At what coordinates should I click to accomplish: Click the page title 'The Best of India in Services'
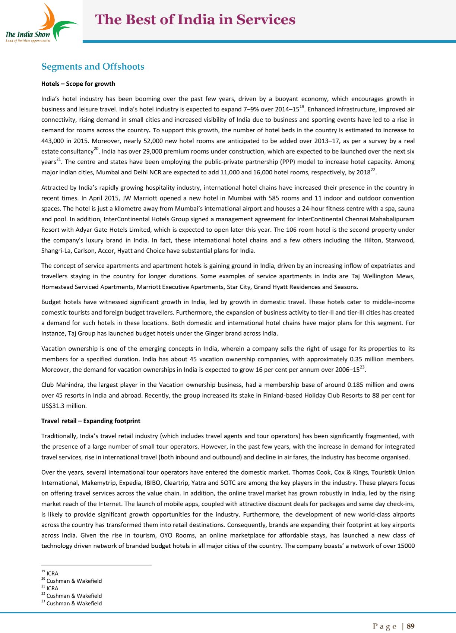coord(195,19)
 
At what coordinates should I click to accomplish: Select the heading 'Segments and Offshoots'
coord(93,67)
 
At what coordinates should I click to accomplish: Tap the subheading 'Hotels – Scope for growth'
coord(78,84)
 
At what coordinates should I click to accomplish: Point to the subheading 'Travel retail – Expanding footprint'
coord(91,421)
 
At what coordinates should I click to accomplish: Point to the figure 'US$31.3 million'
coord(64,406)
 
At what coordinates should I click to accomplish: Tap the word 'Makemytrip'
coord(98,483)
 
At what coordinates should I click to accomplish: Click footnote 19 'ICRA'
coord(52,573)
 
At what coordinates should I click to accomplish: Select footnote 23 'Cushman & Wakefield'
coord(74,603)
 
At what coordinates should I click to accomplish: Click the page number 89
coord(411,626)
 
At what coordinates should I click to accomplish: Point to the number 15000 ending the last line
coord(406,546)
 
